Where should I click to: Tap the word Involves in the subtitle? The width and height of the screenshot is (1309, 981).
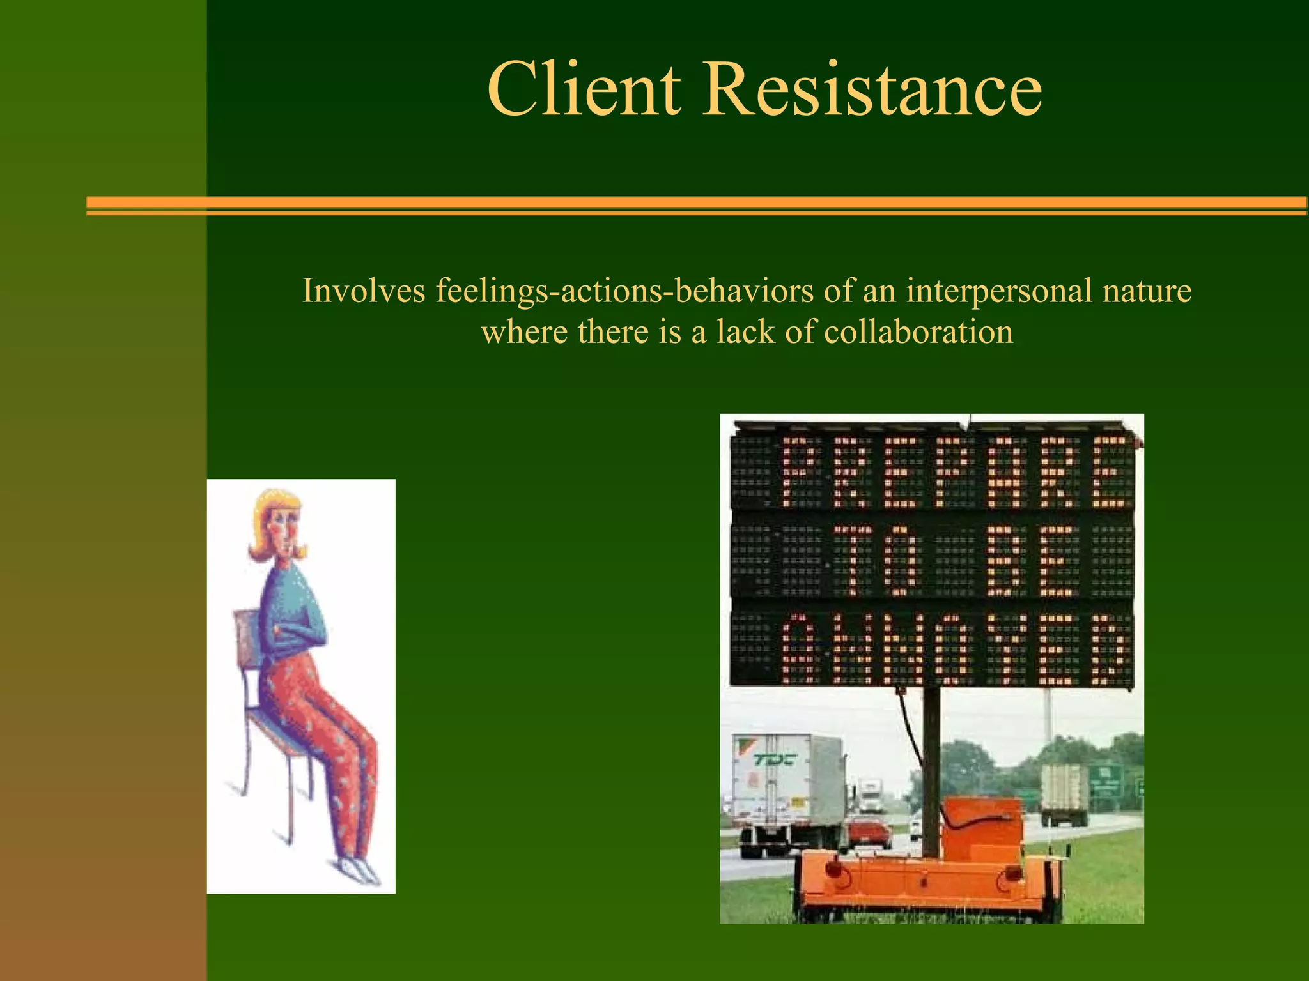(363, 291)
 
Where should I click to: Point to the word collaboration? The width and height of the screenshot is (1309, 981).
(918, 332)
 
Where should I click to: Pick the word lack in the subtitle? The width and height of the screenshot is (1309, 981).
(745, 332)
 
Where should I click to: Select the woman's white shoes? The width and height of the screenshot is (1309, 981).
(358, 870)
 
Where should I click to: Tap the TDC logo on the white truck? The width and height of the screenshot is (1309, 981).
(775, 760)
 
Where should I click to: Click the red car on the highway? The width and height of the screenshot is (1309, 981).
(869, 832)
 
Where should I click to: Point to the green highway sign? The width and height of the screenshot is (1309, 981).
(1106, 779)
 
